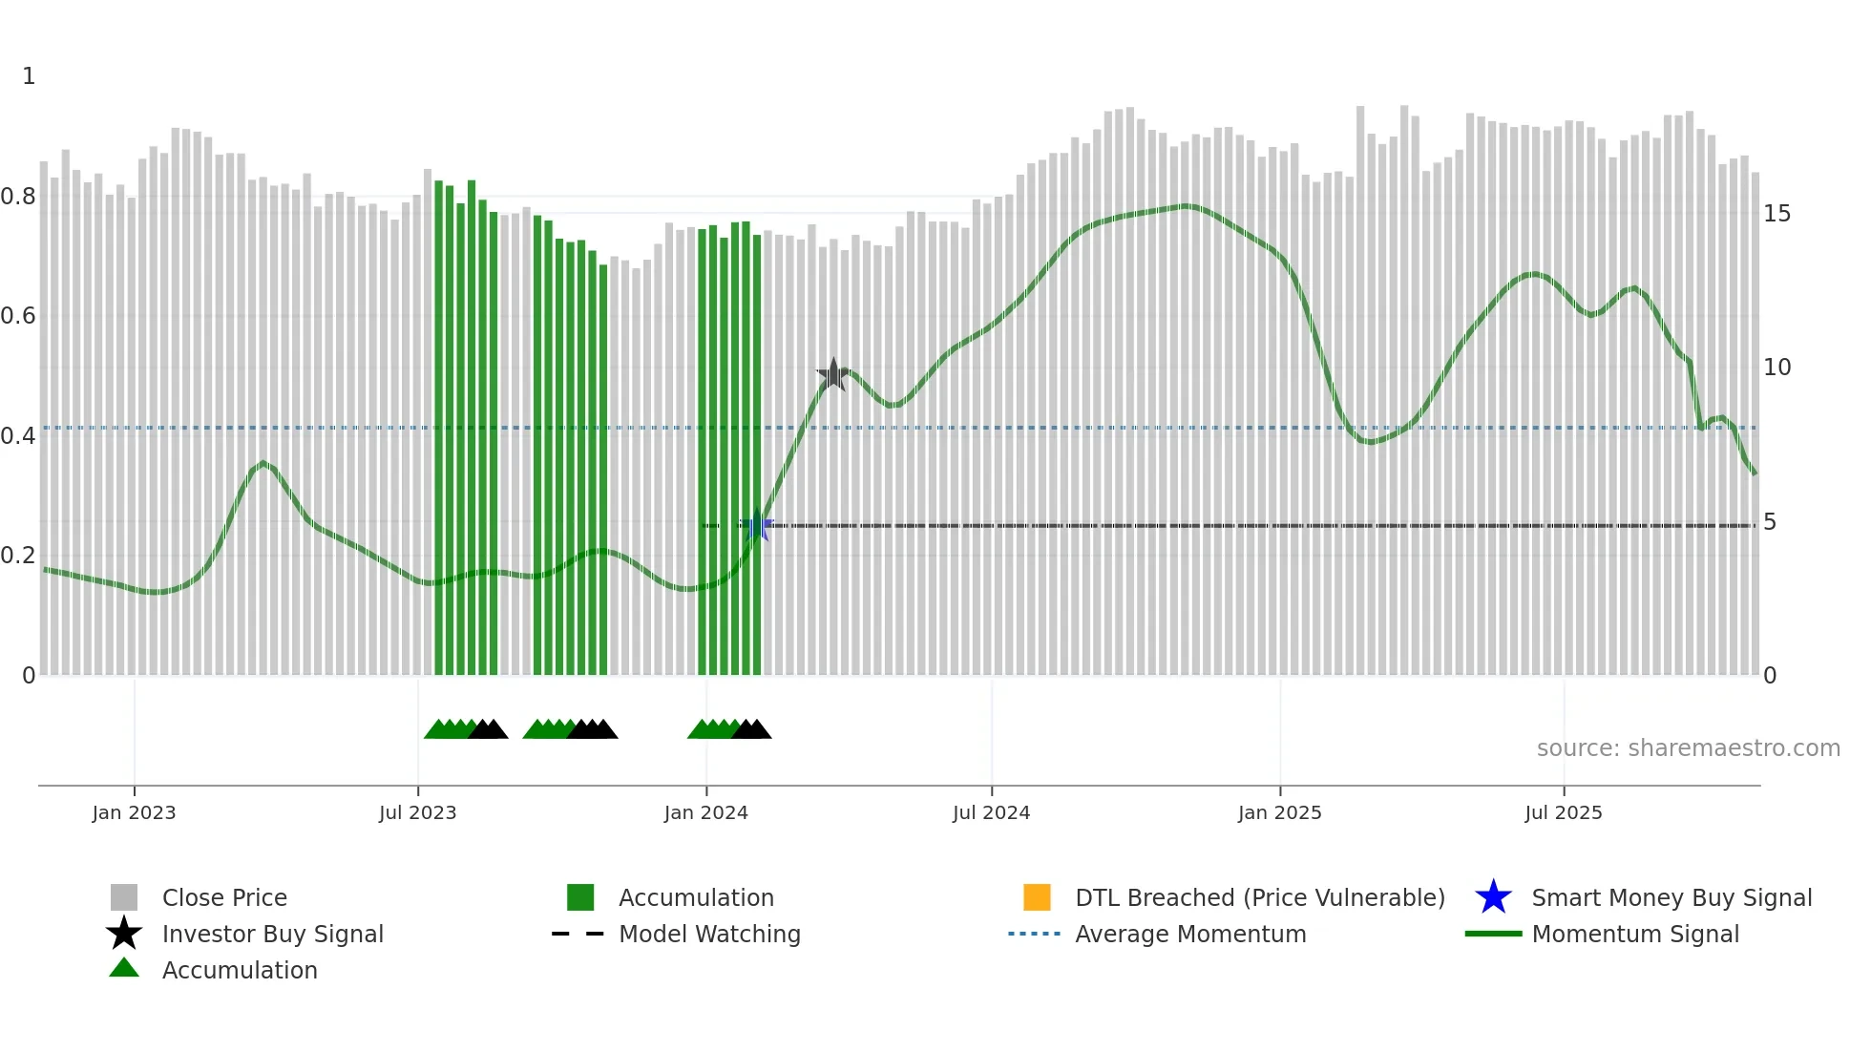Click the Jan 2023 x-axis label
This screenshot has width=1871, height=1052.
(134, 813)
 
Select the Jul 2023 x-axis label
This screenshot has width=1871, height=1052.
(417, 813)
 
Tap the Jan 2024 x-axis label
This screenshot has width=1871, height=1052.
(705, 813)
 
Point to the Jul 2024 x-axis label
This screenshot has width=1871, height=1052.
(991, 813)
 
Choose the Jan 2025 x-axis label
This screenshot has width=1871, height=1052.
(1279, 813)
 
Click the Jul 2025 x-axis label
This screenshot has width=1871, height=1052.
(1563, 813)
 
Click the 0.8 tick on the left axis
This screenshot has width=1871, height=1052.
(18, 197)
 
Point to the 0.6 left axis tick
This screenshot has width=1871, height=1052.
(18, 316)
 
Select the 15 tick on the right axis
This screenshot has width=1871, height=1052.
(1776, 214)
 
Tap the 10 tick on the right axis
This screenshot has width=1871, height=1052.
(1776, 368)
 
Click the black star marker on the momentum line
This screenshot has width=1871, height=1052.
(833, 374)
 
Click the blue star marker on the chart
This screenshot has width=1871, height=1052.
(758, 525)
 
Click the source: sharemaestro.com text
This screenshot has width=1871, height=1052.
(1688, 748)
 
